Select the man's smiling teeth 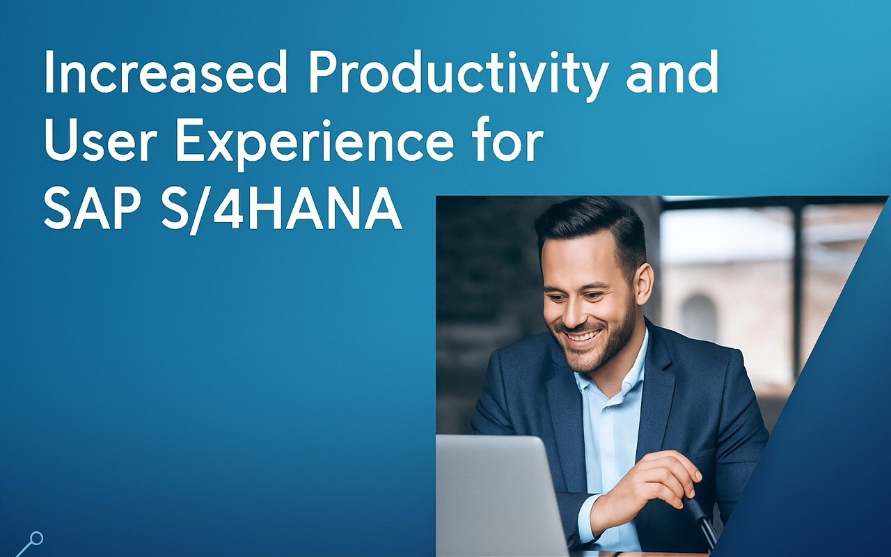pyautogui.click(x=583, y=336)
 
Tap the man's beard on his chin pyautogui.click(x=592, y=354)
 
